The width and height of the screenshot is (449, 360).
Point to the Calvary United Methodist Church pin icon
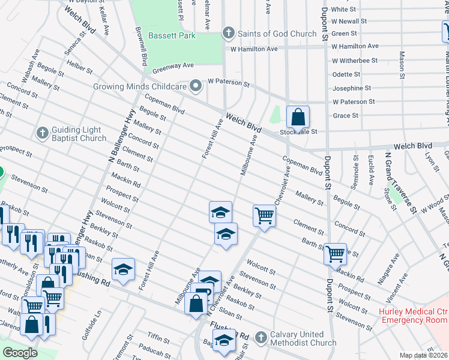(x=261, y=338)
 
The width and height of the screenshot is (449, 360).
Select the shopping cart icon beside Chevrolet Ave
(x=264, y=215)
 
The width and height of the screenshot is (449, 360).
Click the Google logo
(x=20, y=353)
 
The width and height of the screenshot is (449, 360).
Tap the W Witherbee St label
(x=355, y=61)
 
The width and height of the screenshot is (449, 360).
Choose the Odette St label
(x=346, y=74)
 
